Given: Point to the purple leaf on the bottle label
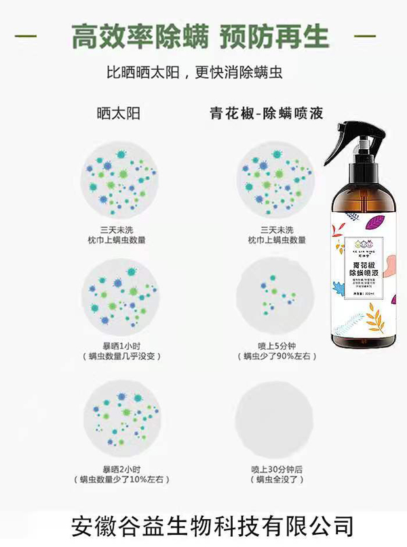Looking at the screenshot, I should [374, 222].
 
